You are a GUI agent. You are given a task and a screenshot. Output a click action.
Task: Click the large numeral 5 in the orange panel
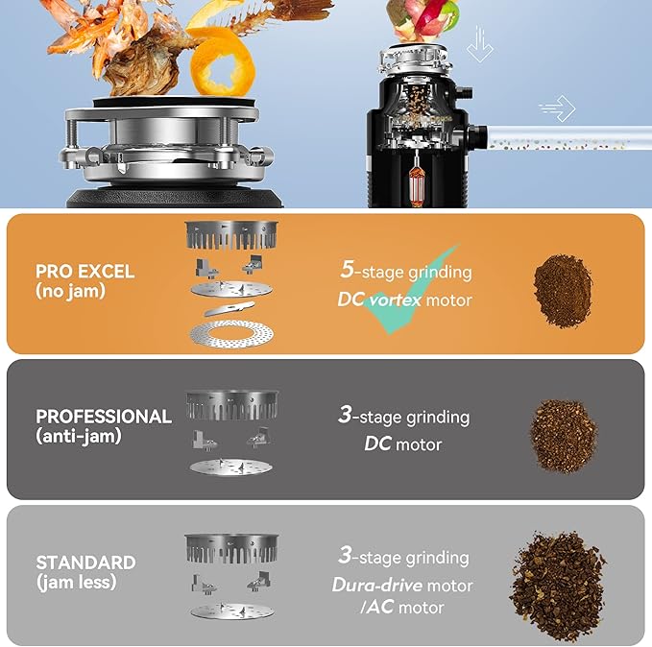pyautogui.click(x=348, y=269)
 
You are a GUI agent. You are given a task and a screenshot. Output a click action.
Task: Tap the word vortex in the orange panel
pyautogui.click(x=396, y=300)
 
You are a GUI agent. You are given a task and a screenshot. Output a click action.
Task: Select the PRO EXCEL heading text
pyautogui.click(x=85, y=272)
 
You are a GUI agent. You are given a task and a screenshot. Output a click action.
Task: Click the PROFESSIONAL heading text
pyautogui.click(x=104, y=417)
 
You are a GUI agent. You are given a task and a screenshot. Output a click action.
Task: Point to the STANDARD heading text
pyautogui.click(x=85, y=563)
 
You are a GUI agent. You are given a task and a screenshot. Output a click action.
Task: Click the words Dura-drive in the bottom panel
pyautogui.click(x=377, y=585)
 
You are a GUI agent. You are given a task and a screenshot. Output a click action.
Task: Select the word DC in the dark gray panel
pyautogui.click(x=377, y=444)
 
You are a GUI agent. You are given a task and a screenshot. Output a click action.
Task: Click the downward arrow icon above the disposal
pyautogui.click(x=480, y=44)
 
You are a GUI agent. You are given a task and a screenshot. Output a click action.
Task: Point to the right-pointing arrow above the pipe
pyautogui.click(x=557, y=108)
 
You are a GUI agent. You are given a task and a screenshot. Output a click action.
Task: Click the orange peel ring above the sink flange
pyautogui.click(x=222, y=62)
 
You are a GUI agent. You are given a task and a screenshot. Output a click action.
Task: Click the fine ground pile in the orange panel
pyautogui.click(x=563, y=291)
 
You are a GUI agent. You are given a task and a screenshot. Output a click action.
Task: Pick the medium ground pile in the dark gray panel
pyautogui.click(x=564, y=437)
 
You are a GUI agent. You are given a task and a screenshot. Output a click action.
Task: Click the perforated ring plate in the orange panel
pyautogui.click(x=231, y=333)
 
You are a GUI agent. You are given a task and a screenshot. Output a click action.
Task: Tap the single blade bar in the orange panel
pyautogui.click(x=229, y=308)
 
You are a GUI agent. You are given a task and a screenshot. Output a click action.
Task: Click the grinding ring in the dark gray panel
pyautogui.click(x=232, y=405)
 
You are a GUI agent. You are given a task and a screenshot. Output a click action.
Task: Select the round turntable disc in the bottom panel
pyautogui.click(x=232, y=611)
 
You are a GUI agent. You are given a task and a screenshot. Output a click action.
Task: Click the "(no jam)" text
pyautogui.click(x=70, y=291)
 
